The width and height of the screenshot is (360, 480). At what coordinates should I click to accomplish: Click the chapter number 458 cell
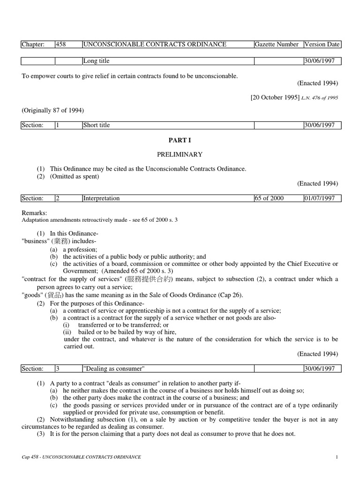click(x=61, y=45)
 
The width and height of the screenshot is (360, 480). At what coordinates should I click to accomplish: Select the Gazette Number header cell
click(x=277, y=45)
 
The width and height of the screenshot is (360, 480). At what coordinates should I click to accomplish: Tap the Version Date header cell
click(x=322, y=45)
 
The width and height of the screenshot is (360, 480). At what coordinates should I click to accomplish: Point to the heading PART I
click(x=180, y=140)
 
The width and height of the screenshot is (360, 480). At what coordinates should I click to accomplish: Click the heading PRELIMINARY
click(x=180, y=154)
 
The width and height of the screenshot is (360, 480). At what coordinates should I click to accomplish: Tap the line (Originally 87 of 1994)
click(x=52, y=110)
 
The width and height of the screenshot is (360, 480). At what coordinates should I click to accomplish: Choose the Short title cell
click(x=96, y=125)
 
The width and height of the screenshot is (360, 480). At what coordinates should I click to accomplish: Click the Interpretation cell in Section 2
click(x=101, y=198)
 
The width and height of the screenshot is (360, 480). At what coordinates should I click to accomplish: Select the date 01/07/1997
click(x=320, y=198)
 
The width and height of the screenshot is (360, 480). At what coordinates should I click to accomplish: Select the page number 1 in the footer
click(x=337, y=457)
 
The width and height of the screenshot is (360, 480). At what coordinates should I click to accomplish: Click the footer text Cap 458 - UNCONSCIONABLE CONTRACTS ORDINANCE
click(x=81, y=457)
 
